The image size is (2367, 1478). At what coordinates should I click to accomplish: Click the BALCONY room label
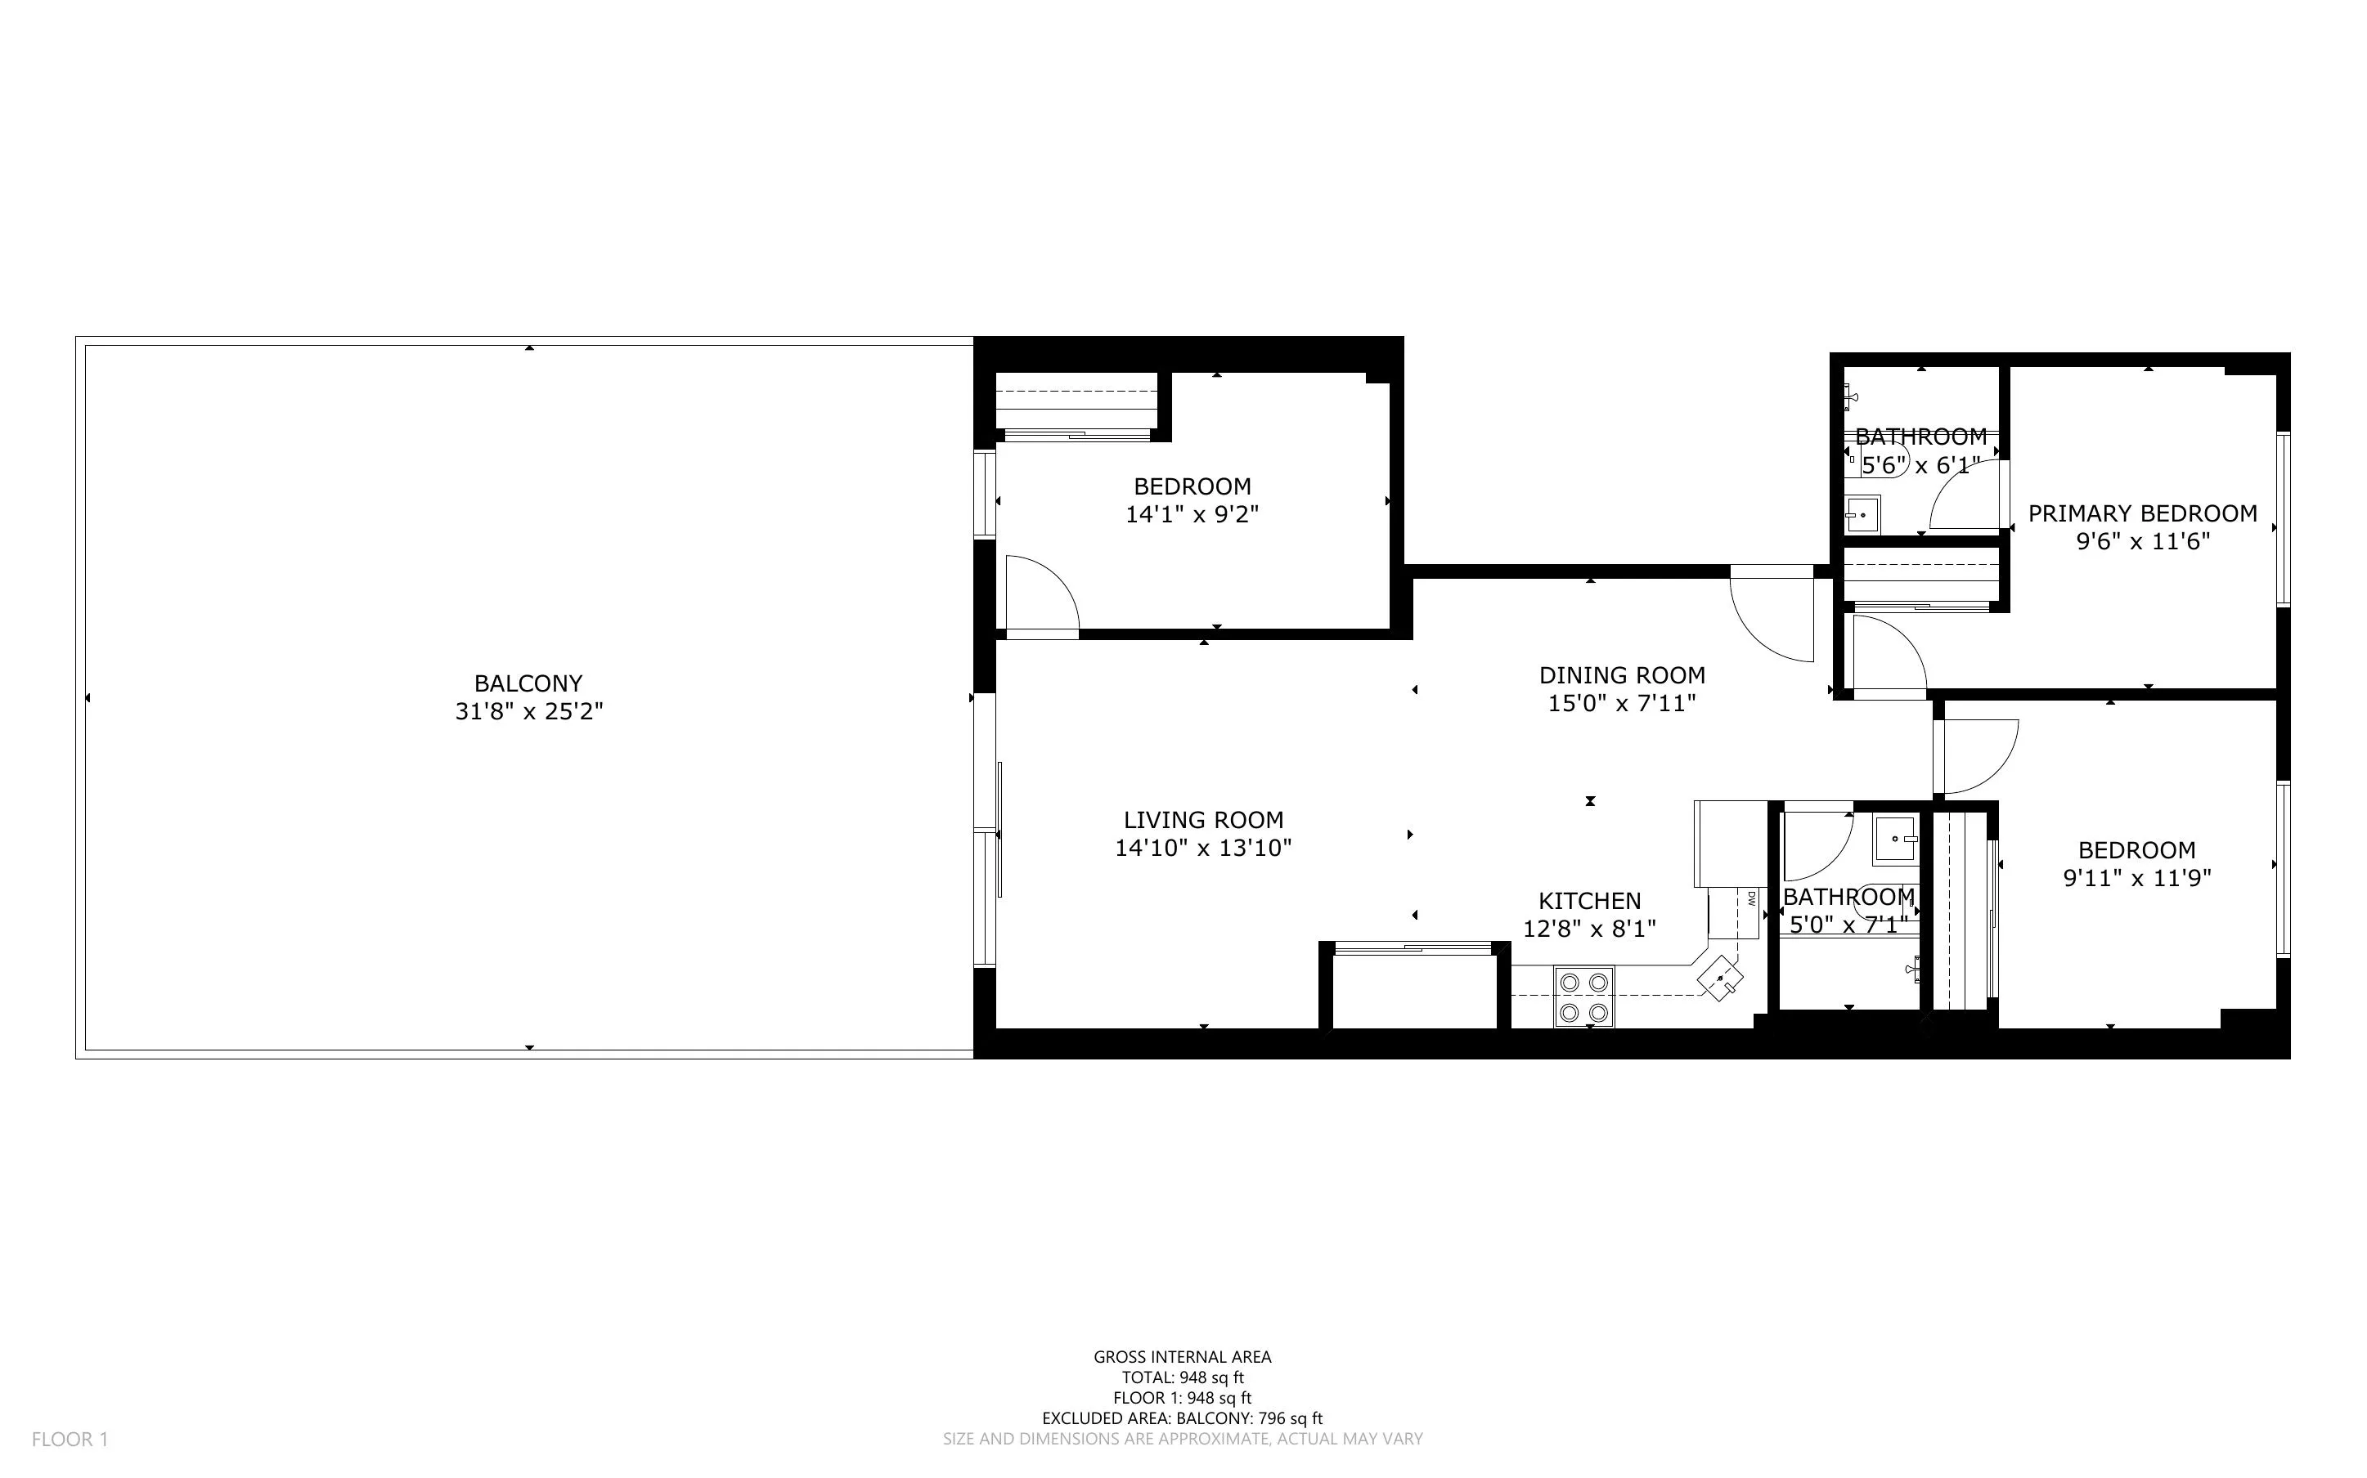(x=528, y=683)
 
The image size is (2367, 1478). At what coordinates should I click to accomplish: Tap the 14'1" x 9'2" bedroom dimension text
(x=1192, y=514)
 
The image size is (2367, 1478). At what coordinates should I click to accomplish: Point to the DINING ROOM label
(x=1622, y=675)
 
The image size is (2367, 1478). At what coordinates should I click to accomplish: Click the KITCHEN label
(x=1590, y=901)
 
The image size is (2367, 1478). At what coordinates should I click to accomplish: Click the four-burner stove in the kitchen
(x=1584, y=997)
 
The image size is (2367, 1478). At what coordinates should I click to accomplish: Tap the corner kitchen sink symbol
(x=1721, y=979)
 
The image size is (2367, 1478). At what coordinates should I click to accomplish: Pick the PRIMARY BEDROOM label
(x=2142, y=514)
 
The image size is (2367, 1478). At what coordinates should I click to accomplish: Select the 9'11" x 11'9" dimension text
(x=2136, y=878)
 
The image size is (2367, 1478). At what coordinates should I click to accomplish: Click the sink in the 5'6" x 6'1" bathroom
(x=1862, y=514)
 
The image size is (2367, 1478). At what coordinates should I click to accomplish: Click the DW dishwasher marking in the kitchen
(x=1751, y=898)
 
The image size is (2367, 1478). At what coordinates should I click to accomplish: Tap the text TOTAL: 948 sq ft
(x=1182, y=1377)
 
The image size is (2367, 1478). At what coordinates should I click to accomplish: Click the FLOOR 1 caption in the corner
(x=70, y=1439)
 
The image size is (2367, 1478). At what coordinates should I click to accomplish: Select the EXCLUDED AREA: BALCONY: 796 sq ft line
(x=1182, y=1418)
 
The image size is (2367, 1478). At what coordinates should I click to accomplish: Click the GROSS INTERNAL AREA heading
(x=1182, y=1357)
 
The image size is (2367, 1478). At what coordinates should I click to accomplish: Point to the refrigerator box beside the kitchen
(x=1731, y=843)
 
